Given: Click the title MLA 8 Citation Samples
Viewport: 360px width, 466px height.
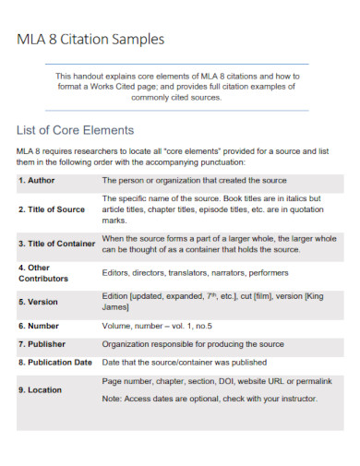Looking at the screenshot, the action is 91,40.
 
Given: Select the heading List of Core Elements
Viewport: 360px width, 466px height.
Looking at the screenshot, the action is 76,130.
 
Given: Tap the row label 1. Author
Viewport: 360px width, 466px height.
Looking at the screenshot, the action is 38,180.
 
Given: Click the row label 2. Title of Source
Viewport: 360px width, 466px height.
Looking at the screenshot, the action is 52,209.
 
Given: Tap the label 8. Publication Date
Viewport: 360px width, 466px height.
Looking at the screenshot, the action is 55,363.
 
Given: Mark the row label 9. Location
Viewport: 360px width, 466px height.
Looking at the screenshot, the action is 41,390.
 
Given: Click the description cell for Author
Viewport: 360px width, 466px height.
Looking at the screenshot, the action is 194,180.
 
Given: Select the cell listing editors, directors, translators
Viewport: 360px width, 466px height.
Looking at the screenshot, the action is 195,272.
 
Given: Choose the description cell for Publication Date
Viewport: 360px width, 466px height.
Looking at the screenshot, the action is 185,363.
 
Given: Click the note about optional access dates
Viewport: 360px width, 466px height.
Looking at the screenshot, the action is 210,399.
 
